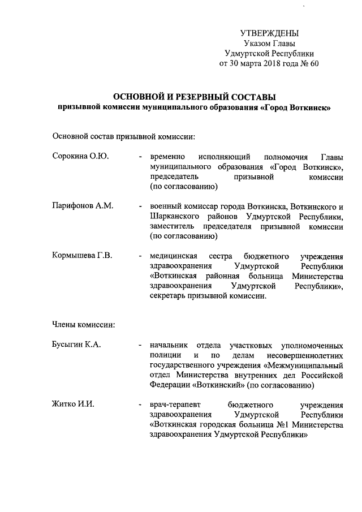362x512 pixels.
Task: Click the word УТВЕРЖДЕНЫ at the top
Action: (x=269, y=33)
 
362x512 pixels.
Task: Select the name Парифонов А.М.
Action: (x=83, y=205)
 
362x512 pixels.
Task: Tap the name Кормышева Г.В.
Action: (x=82, y=255)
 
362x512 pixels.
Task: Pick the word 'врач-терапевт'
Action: (x=176, y=405)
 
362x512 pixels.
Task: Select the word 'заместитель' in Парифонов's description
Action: (x=174, y=226)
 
